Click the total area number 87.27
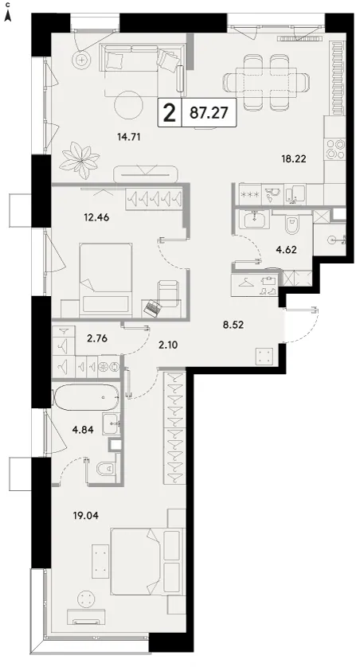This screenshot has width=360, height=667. (209, 113)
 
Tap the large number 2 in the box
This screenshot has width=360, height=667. (170, 113)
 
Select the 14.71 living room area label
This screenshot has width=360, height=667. (128, 137)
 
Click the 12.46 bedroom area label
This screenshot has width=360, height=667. (97, 217)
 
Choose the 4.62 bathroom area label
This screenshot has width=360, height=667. (286, 249)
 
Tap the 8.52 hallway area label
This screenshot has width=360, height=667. (233, 326)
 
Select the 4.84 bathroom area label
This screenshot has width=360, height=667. (83, 429)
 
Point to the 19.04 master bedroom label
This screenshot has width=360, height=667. (86, 516)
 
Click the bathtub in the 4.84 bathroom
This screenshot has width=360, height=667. (85, 397)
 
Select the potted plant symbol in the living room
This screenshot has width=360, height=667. (80, 160)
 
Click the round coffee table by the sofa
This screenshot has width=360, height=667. (129, 106)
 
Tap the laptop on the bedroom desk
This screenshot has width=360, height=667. (152, 308)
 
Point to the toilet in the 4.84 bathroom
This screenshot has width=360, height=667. (104, 469)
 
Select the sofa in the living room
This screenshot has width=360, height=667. (143, 63)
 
